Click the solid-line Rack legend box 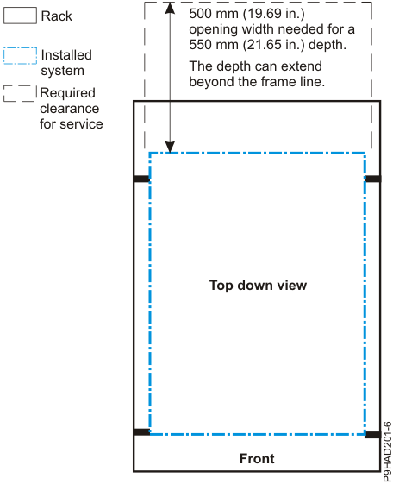pos(20,16)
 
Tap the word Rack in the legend pos(57,16)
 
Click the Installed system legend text pos(66,63)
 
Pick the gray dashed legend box pos(20,94)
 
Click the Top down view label pos(258,285)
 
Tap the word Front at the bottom pos(257,458)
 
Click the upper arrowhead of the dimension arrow pos(172,9)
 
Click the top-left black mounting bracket pos(141,179)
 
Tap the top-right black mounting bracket pos(372,179)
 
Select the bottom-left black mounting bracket pos(141,431)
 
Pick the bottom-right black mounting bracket pos(372,434)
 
